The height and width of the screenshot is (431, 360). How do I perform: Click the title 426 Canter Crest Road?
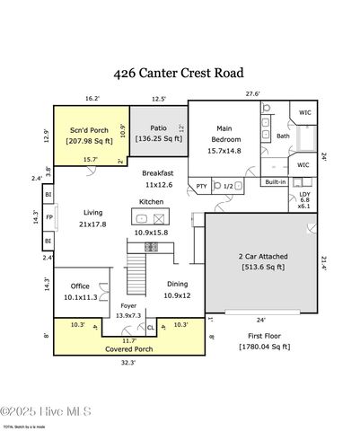(180, 71)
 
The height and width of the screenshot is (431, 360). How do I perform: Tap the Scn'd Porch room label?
(89, 130)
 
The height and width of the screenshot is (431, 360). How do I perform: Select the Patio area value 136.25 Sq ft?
(158, 138)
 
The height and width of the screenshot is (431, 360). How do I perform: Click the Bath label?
(283, 136)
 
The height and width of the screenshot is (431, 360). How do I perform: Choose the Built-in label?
(276, 181)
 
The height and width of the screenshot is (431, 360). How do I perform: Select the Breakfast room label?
(157, 173)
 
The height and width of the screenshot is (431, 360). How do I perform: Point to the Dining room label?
(176, 284)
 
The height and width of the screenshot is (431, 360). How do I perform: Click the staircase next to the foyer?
(136, 267)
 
